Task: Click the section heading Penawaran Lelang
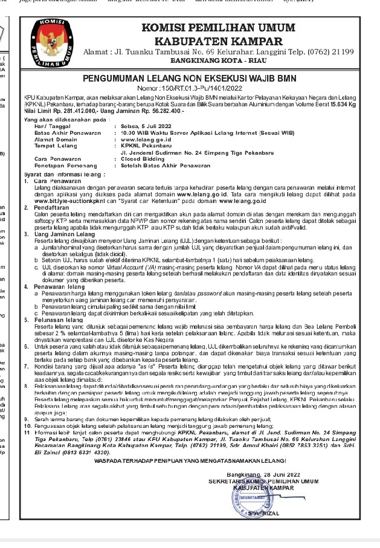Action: tap(57, 285)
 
